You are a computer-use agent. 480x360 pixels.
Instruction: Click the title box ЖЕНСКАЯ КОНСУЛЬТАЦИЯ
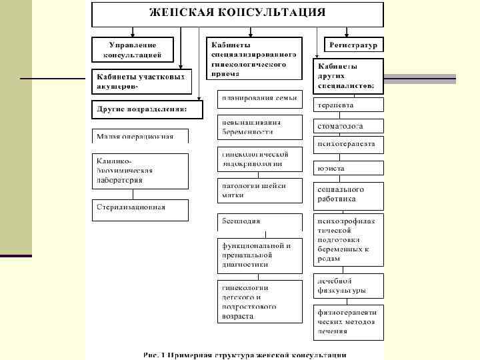pos(237,13)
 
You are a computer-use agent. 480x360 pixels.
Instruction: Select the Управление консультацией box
pos(133,49)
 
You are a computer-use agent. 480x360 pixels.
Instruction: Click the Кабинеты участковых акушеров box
pos(141,81)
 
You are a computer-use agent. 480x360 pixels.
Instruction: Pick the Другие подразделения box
pos(147,109)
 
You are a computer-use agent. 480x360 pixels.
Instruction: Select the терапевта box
pos(349,105)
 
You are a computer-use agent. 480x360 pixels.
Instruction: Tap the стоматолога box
pos(349,125)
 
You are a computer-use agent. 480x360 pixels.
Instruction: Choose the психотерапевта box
pos(349,145)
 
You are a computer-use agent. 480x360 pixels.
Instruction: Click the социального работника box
pos(349,193)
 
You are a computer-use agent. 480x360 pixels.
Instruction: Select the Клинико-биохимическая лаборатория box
pos(140,171)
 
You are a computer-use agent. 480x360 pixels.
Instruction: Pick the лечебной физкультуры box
pos(349,286)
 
